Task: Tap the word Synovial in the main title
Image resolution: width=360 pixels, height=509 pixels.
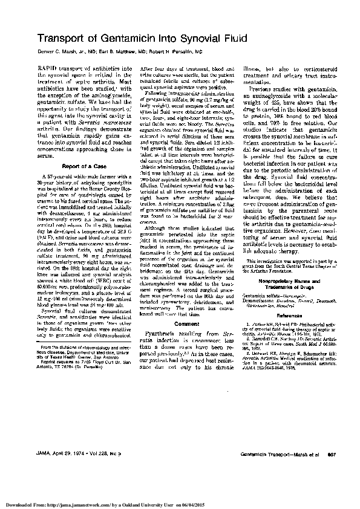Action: click(x=203, y=39)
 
